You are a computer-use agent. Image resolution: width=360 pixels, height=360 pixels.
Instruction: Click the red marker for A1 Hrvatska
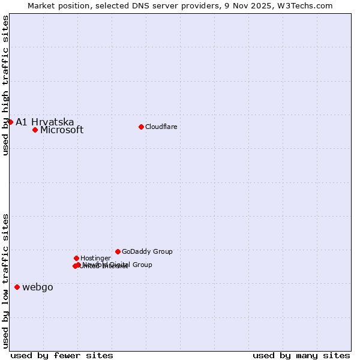point(10,122)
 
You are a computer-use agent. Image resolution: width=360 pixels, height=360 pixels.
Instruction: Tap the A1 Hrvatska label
point(45,122)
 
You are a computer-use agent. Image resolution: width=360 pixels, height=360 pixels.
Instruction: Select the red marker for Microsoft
point(35,130)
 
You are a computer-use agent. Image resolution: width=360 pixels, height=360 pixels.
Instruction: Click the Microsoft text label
point(62,130)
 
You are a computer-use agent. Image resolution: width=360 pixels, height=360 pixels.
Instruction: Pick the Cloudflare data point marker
point(141,127)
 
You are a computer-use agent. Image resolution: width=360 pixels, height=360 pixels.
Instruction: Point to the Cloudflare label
point(161,127)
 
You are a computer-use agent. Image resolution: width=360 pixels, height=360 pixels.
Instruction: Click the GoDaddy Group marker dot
point(118,251)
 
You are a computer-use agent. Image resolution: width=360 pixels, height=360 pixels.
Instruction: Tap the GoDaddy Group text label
point(147,251)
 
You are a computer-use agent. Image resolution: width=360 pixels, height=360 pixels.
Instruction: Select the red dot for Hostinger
point(76,258)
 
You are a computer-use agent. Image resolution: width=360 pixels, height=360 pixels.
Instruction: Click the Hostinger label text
point(95,258)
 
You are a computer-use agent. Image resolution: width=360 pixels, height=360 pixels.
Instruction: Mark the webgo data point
point(17,287)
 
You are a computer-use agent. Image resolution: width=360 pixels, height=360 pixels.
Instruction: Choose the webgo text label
point(38,287)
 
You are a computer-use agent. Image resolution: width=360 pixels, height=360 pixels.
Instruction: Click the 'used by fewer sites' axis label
point(62,355)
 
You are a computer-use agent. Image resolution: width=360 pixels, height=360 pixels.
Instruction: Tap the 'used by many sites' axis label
point(301,355)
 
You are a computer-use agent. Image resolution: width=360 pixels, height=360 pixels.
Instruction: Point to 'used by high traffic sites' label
point(5,86)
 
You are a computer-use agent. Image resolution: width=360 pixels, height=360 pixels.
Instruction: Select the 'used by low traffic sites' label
point(5,280)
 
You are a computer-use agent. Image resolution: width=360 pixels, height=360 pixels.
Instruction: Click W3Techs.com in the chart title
point(307,5)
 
